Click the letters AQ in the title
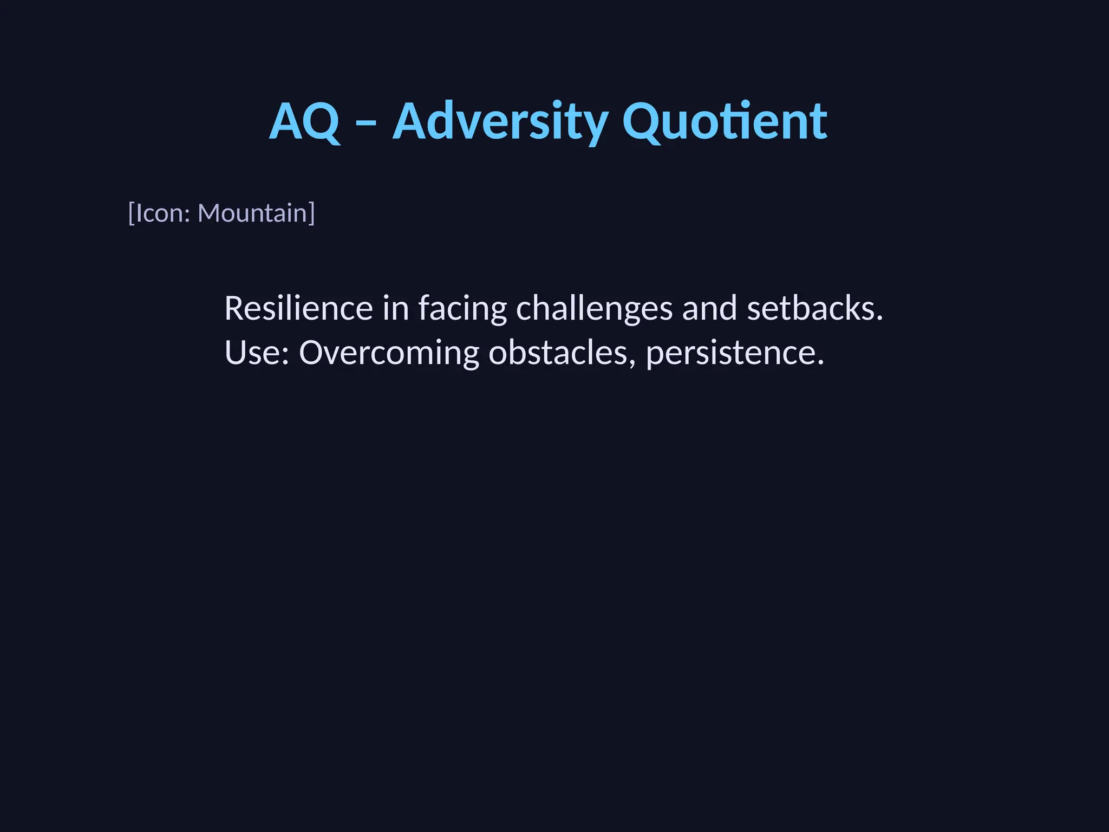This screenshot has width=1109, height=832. [305, 121]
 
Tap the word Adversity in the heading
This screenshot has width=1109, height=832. [500, 121]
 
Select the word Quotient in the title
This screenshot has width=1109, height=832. [725, 121]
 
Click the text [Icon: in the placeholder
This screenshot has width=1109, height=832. [159, 213]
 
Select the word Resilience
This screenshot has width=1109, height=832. [298, 308]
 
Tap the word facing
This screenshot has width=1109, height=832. [462, 309]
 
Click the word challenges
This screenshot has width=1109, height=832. [594, 309]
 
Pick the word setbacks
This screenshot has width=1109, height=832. [811, 308]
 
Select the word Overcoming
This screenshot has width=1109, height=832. [389, 354]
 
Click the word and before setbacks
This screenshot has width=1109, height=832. [709, 308]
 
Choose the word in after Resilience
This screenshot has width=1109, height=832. [395, 308]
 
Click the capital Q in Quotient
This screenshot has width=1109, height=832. [642, 122]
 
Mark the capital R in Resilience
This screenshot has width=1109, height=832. [234, 308]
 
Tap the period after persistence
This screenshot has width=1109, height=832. [820, 362]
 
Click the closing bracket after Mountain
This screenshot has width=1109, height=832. [312, 213]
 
